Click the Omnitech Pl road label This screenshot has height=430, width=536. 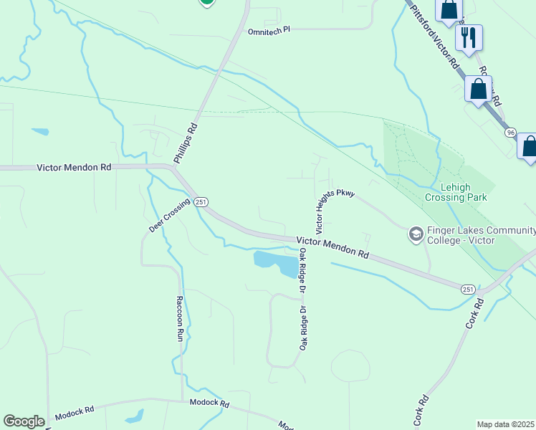[x=269, y=32]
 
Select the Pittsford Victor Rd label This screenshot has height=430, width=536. [x=436, y=39]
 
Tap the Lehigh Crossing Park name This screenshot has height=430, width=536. [x=456, y=191]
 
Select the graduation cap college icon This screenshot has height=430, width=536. [x=416, y=234]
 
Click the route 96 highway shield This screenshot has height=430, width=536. [x=510, y=133]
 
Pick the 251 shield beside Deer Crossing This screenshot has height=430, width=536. [x=201, y=203]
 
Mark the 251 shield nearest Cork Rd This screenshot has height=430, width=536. [x=467, y=289]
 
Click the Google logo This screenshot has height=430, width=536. [x=24, y=421]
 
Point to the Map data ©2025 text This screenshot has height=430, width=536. [x=505, y=424]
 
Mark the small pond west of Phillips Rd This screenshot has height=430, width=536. [x=40, y=132]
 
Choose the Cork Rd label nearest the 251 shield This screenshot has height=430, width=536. [x=474, y=313]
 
